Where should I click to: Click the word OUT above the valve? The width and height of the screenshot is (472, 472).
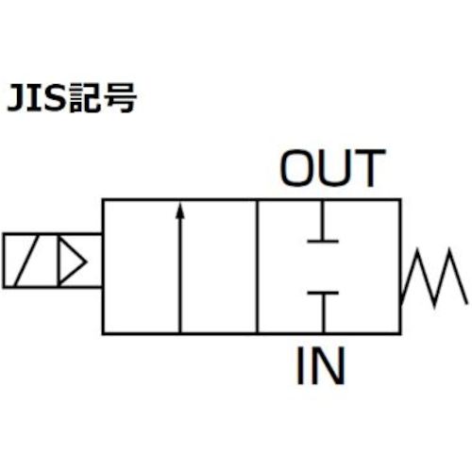333,169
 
